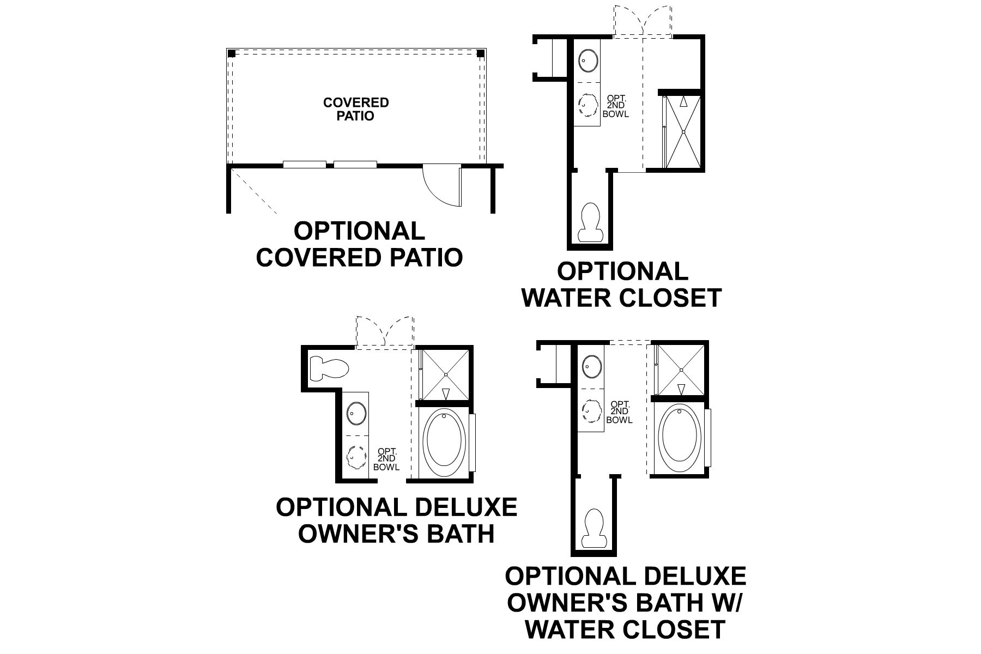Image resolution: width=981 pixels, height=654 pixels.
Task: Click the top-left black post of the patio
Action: (x=232, y=53)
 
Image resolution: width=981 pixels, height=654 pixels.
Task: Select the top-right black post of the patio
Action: (x=481, y=53)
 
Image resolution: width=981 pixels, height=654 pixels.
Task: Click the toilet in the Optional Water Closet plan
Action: (x=590, y=222)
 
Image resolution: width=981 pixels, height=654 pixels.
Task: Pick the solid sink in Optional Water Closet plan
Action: (x=588, y=60)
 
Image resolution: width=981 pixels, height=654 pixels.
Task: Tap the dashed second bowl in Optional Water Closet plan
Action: (x=588, y=105)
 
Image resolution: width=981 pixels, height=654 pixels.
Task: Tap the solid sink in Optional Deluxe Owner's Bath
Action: (x=356, y=413)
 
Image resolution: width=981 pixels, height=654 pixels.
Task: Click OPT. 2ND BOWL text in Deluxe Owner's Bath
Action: (x=386, y=459)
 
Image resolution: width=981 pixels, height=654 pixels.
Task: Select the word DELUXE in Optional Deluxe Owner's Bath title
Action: (x=466, y=507)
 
